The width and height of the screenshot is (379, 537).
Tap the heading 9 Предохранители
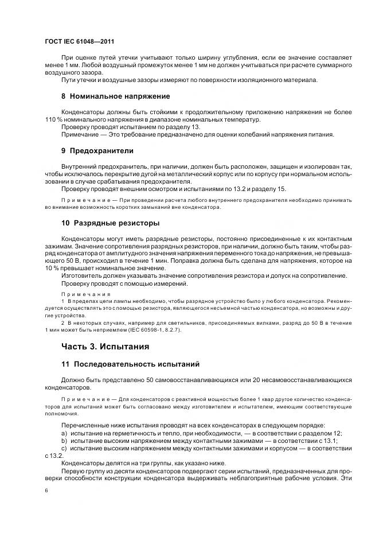pos(97,151)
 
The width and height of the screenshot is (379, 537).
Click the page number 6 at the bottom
pos(46,491)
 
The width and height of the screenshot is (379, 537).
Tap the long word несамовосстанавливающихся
pos(298,380)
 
